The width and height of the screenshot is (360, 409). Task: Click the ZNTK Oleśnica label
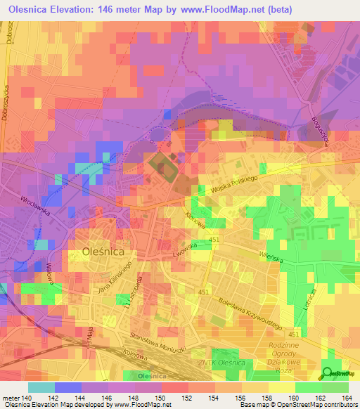(220, 362)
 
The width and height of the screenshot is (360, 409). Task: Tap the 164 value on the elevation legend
(348, 398)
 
